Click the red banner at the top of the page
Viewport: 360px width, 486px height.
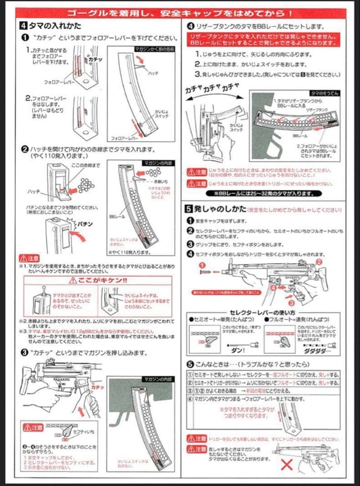coord(180,12)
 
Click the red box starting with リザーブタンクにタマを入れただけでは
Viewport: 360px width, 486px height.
coord(263,39)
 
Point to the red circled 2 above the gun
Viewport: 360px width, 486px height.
coord(319,261)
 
